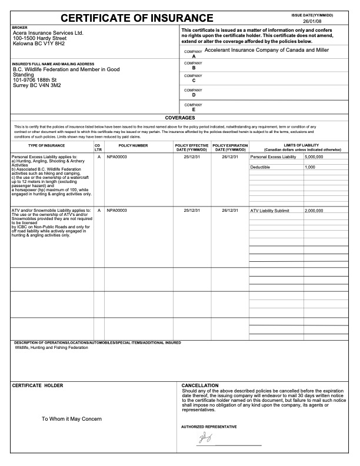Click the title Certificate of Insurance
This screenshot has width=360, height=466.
137,18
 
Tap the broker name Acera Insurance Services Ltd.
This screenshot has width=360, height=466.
48,33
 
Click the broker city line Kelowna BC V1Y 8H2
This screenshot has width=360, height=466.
39,44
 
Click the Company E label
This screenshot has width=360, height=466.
194,107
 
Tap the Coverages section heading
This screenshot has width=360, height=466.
179,118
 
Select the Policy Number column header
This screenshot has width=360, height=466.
133,145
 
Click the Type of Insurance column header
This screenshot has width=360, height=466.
47,145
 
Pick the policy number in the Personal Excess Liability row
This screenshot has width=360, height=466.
116,157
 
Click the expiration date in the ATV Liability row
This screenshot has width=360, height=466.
229,210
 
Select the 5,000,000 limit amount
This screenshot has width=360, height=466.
314,157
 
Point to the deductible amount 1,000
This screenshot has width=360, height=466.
310,167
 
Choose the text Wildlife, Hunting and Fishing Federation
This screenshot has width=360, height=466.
51,348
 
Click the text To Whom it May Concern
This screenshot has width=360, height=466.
72,419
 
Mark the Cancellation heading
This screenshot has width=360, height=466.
200,385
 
